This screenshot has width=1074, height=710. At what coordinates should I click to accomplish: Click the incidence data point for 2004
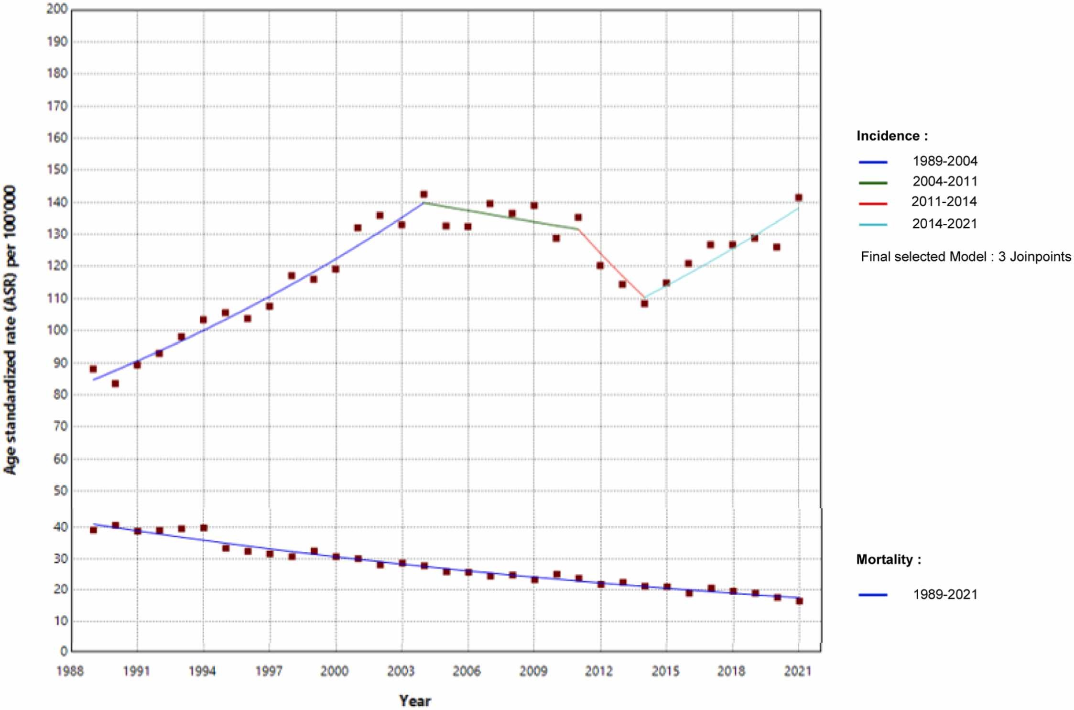[423, 195]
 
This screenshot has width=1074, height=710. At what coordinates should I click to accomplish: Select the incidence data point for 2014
[644, 303]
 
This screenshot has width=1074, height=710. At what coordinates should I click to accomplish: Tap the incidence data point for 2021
[798, 197]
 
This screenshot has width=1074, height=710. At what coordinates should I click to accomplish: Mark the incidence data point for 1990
[115, 383]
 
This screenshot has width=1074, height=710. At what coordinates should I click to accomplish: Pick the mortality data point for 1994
[204, 528]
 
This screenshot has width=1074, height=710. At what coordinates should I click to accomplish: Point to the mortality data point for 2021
[799, 601]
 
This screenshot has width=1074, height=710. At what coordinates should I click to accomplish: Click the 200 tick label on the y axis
[57, 9]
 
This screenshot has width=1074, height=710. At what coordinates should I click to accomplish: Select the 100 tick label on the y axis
[57, 330]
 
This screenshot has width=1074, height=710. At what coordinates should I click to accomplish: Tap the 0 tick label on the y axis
[64, 651]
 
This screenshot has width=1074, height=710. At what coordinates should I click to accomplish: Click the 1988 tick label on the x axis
[70, 671]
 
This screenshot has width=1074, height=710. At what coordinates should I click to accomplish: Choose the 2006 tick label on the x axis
[466, 671]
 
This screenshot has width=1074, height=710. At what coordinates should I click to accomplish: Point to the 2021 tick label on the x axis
[798, 671]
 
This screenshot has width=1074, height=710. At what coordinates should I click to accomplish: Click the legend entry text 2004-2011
[945, 182]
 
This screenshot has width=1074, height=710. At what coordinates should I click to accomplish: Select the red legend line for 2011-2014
[873, 203]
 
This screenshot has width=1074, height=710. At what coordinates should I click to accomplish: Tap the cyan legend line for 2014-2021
[873, 224]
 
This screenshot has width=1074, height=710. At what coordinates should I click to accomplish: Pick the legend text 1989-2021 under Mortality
[945, 594]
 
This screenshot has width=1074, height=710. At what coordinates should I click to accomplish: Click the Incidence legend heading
[892, 136]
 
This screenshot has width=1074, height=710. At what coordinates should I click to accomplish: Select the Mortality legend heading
[889, 559]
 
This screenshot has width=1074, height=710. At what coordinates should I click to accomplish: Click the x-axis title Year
[415, 701]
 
